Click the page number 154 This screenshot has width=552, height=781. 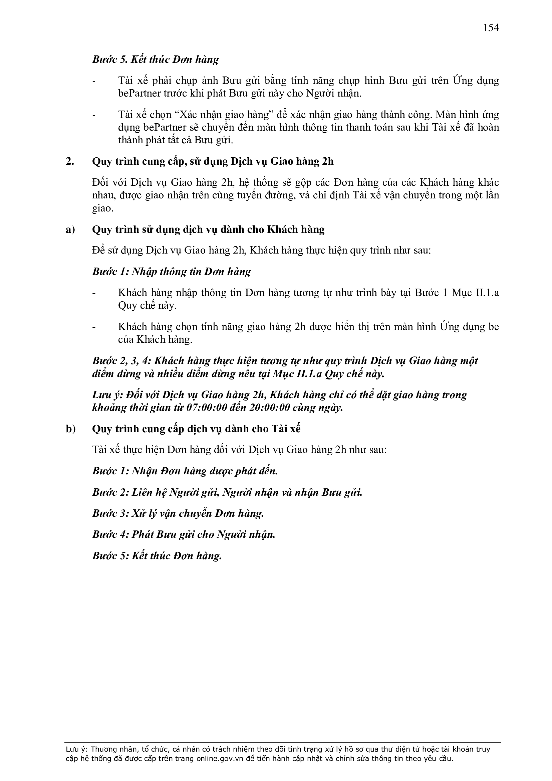(x=491, y=27)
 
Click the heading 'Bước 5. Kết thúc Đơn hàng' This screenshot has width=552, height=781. (x=155, y=59)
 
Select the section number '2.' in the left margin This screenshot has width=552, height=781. (x=70, y=161)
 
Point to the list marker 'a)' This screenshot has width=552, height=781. (x=70, y=229)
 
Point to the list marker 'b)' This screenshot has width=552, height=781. (x=71, y=429)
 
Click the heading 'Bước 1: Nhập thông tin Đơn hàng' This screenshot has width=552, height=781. (x=171, y=272)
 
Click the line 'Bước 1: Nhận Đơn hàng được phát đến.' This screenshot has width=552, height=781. (x=185, y=471)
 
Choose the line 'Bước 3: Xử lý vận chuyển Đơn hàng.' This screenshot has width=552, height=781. (x=178, y=513)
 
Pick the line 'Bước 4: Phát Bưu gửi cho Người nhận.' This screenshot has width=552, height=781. (x=184, y=534)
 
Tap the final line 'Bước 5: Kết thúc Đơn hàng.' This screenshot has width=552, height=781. (x=157, y=556)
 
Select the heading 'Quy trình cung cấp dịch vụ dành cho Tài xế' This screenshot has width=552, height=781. (x=196, y=429)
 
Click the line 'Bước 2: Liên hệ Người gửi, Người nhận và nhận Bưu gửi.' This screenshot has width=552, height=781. (x=227, y=492)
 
